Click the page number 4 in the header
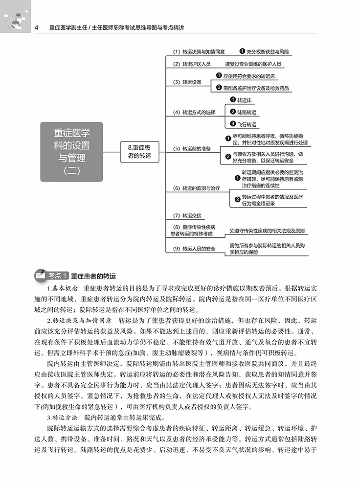(37, 28)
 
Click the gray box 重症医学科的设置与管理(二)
(71, 152)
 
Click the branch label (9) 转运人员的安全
(194, 249)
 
